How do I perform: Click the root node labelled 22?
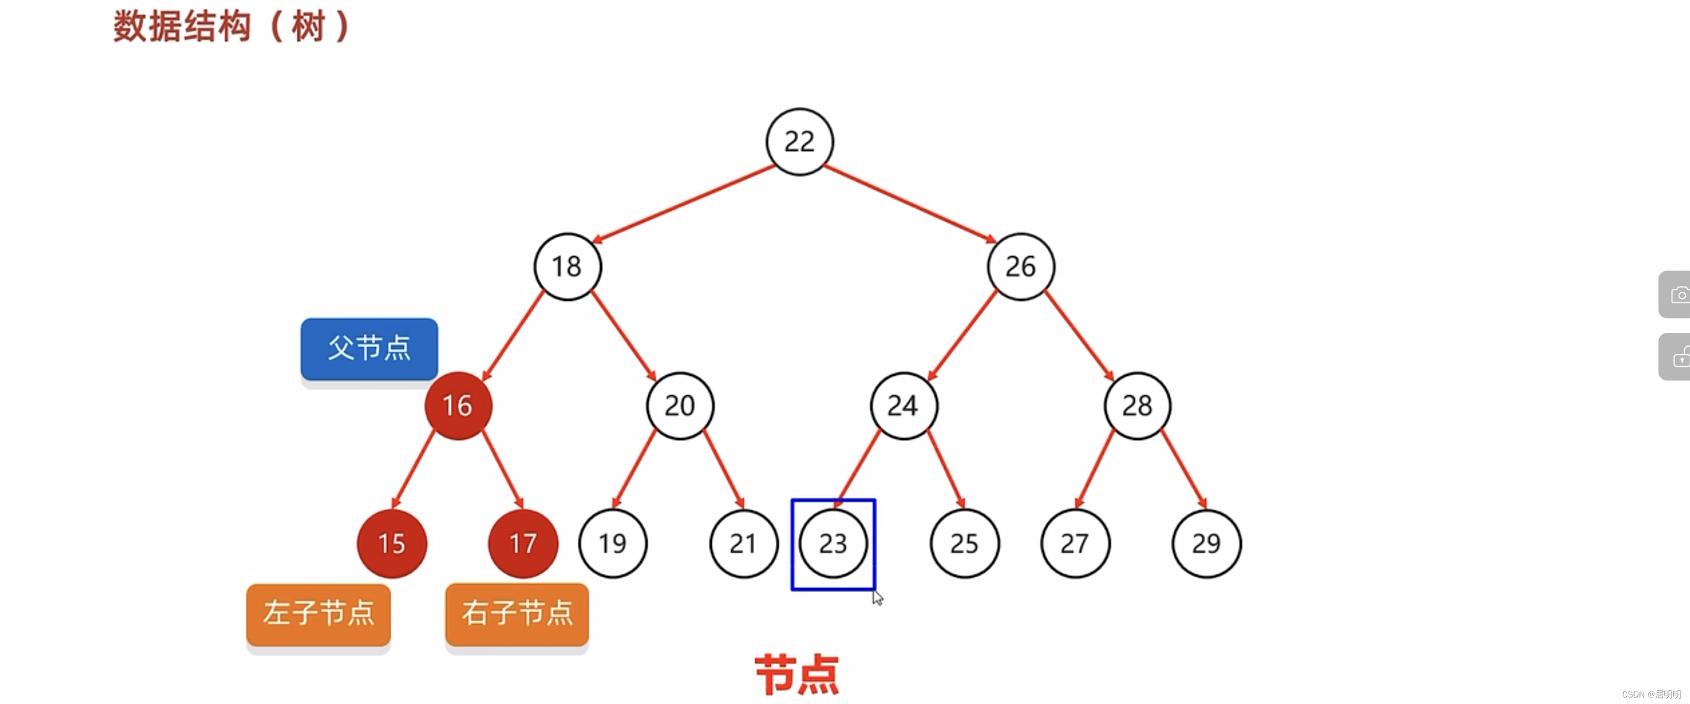[799, 142]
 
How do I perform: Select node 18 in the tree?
[567, 266]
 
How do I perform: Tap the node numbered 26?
[1020, 266]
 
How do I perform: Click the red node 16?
[458, 406]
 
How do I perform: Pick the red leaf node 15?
[392, 543]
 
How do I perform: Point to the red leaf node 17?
[523, 543]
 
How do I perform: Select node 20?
[680, 406]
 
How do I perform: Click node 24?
[903, 406]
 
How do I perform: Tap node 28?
[1137, 406]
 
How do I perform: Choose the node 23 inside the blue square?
[833, 543]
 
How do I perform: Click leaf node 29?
[1206, 543]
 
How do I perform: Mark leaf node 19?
[612, 543]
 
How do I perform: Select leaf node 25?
[965, 543]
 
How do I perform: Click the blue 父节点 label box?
[369, 348]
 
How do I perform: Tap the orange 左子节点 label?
[318, 614]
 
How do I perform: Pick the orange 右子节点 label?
[517, 614]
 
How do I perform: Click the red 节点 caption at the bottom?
[797, 674]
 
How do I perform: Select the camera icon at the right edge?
[1679, 294]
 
